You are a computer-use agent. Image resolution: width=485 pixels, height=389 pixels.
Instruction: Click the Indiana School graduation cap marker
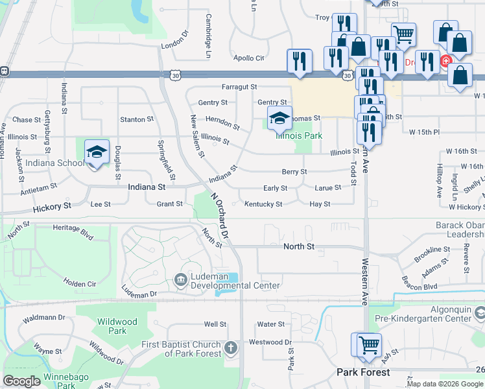point(97,152)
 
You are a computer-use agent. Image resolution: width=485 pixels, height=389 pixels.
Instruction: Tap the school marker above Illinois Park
point(279,119)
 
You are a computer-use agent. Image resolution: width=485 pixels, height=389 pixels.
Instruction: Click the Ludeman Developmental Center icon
point(180,280)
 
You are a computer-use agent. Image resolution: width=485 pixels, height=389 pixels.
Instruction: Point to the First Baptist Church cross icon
point(230,349)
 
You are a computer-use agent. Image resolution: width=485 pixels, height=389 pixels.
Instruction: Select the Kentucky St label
point(263,204)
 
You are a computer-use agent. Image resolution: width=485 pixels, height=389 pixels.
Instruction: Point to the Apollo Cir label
point(249,58)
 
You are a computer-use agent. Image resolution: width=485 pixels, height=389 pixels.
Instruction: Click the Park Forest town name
point(363,372)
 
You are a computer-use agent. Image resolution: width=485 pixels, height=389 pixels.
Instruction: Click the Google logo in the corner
point(21,381)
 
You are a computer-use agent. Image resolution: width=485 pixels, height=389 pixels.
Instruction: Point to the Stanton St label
point(136,120)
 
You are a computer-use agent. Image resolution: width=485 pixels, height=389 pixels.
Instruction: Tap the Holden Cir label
point(79,283)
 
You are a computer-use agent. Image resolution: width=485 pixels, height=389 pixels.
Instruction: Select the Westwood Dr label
point(270,342)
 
